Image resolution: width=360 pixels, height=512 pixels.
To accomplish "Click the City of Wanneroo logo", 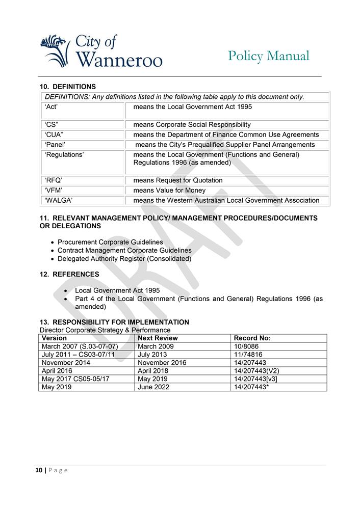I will [x=100, y=51].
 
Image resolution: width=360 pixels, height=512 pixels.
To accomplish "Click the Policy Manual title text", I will [x=268, y=56].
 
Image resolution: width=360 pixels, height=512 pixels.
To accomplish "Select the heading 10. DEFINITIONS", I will [x=68, y=87].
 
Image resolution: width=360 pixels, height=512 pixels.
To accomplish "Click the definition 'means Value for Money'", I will [x=169, y=190].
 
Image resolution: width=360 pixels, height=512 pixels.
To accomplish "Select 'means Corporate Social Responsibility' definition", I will [x=192, y=124].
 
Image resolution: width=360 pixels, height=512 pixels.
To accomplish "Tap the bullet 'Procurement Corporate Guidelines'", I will [x=110, y=242].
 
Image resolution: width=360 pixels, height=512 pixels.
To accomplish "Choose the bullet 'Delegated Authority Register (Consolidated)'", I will [x=124, y=259].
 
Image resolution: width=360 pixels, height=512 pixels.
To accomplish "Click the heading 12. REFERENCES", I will [x=69, y=274].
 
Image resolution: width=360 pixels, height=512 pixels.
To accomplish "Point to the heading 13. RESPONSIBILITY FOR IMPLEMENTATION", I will [x=114, y=322].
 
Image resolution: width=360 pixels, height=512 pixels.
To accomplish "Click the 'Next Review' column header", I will [x=158, y=338].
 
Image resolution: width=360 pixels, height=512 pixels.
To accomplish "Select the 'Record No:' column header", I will [x=252, y=338].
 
